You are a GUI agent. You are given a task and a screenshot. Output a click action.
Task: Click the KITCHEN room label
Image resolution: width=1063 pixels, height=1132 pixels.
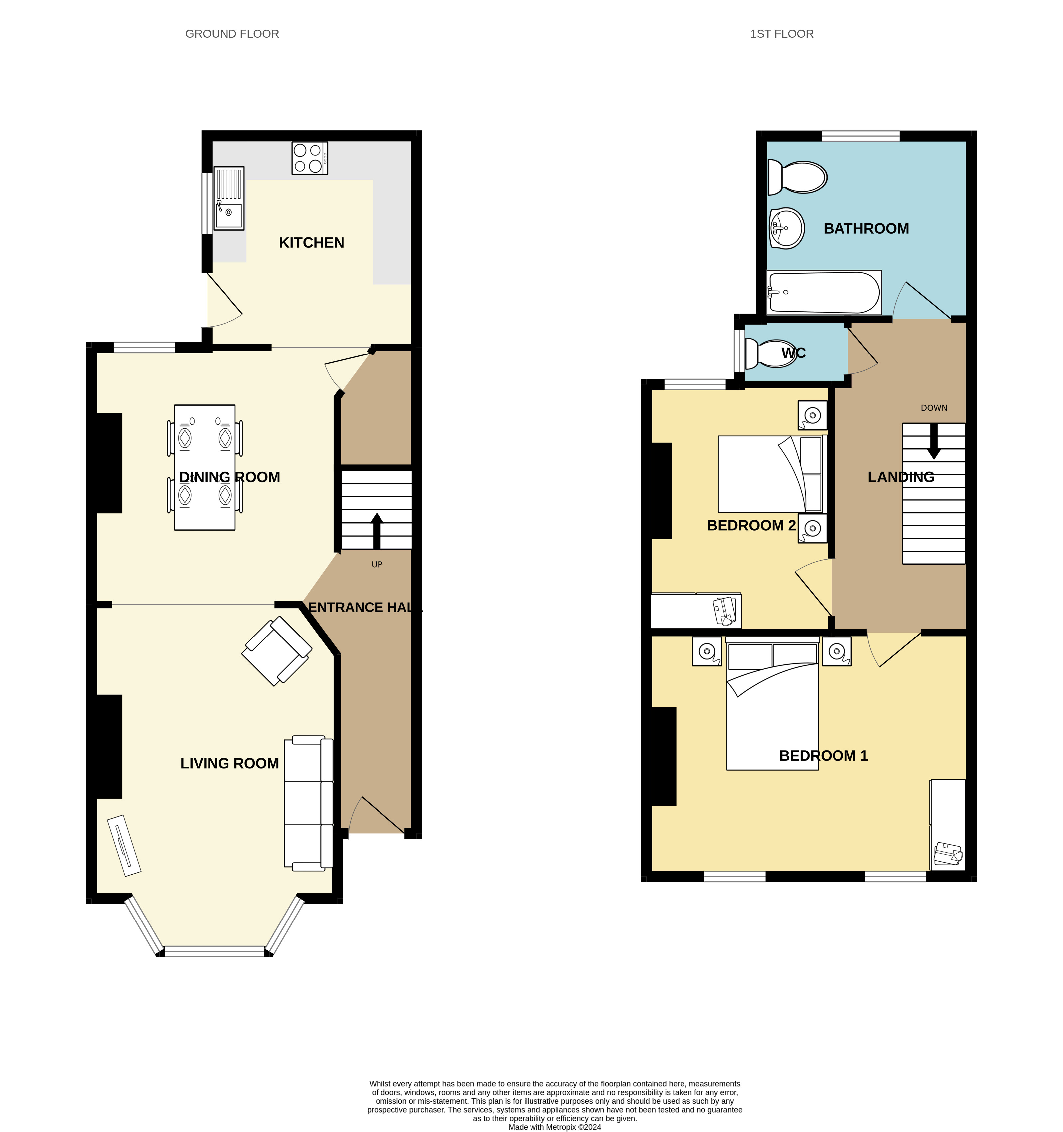pyautogui.click(x=311, y=242)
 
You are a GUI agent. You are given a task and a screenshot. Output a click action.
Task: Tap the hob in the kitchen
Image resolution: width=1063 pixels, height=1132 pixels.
pyautogui.click(x=310, y=158)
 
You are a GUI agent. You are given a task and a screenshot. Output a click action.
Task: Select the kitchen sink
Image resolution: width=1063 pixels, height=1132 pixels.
pyautogui.click(x=229, y=198)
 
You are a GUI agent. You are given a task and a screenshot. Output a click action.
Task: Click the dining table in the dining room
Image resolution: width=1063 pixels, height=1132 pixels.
pyautogui.click(x=205, y=468)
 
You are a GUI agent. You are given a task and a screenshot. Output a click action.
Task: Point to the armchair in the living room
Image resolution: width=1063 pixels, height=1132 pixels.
pyautogui.click(x=277, y=651)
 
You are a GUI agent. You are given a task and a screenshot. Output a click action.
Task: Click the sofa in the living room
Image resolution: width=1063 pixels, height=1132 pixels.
pyautogui.click(x=309, y=803)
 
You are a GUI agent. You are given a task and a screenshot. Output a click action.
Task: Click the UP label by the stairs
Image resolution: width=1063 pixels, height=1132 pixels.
pyautogui.click(x=377, y=564)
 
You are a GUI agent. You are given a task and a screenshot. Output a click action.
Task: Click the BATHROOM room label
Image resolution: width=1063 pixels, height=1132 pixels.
pyautogui.click(x=866, y=229)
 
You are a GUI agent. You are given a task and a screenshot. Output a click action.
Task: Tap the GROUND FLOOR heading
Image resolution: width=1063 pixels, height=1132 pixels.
pyautogui.click(x=232, y=34)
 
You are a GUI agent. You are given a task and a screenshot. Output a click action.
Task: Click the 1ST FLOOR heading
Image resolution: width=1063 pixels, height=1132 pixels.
pyautogui.click(x=782, y=34)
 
